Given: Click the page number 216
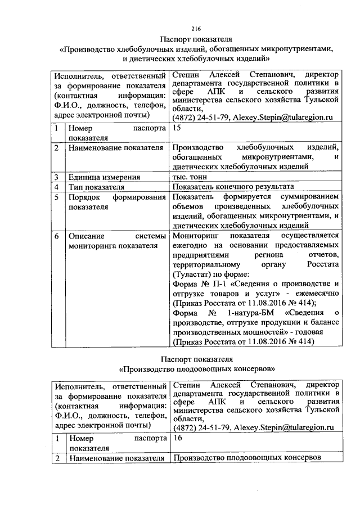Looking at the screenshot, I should (x=196, y=29).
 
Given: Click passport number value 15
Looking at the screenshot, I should (x=177, y=128).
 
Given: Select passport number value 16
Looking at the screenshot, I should (x=178, y=437).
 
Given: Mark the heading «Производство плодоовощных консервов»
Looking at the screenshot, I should (x=196, y=370).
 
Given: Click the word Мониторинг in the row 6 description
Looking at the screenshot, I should (x=195, y=236).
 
